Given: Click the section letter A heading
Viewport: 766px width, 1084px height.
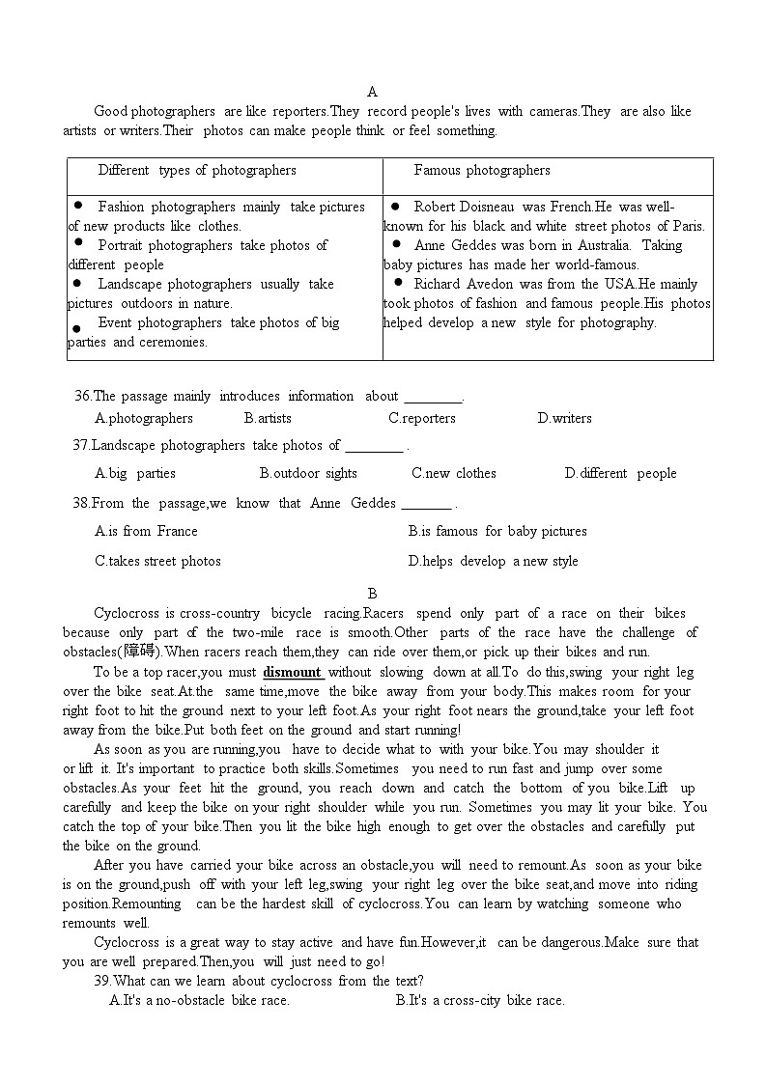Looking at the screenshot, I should click(x=372, y=92).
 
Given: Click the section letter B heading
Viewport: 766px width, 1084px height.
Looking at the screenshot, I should click(x=372, y=594).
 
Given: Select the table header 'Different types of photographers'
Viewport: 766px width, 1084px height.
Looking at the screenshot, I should click(x=197, y=170).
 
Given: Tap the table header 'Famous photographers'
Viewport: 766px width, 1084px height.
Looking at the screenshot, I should click(x=482, y=170).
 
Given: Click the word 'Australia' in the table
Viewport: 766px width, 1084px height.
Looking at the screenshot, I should click(x=597, y=245).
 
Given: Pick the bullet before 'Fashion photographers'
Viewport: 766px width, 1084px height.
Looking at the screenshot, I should click(x=77, y=206).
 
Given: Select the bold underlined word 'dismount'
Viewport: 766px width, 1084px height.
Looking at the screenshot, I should click(x=293, y=672).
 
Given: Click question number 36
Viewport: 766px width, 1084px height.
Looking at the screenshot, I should click(x=82, y=396).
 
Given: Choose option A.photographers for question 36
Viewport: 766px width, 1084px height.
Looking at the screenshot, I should click(x=144, y=418).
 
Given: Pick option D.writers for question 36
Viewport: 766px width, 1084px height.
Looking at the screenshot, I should click(x=564, y=418).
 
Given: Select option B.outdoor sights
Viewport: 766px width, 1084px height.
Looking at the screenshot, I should click(x=308, y=473).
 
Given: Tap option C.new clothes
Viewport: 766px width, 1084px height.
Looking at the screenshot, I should click(x=454, y=473).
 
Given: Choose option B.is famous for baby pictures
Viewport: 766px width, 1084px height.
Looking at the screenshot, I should click(x=497, y=531).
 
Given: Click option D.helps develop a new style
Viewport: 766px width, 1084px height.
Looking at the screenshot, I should click(x=493, y=561).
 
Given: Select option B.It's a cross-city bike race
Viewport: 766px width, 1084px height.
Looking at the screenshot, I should click(x=480, y=1000).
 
